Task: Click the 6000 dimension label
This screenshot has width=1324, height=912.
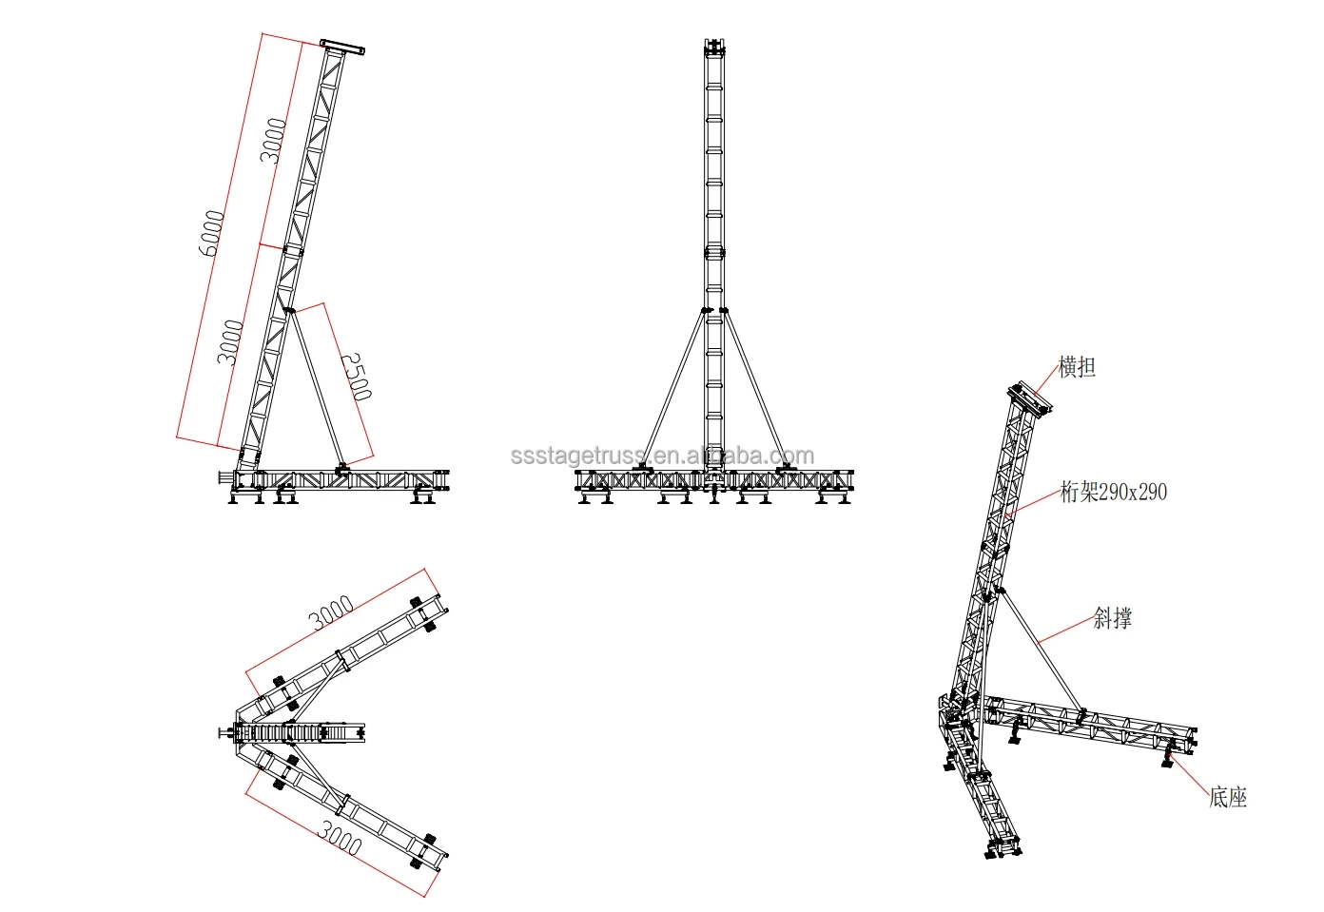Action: pyautogui.click(x=213, y=233)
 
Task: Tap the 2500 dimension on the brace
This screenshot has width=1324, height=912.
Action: pyautogui.click(x=356, y=377)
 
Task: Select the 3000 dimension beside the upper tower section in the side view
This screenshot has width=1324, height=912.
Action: pyautogui.click(x=275, y=141)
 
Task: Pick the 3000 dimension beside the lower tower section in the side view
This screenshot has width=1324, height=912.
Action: pyautogui.click(x=231, y=342)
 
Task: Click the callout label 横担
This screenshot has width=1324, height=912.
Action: pyautogui.click(x=1077, y=367)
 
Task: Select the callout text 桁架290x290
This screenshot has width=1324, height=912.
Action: pyautogui.click(x=1113, y=492)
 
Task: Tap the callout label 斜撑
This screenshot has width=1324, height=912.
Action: pyautogui.click(x=1112, y=618)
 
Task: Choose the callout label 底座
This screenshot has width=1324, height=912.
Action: pyautogui.click(x=1227, y=797)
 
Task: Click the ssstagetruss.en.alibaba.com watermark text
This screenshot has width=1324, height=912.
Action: pyautogui.click(x=662, y=456)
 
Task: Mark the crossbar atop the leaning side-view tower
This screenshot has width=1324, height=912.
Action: pyautogui.click(x=342, y=46)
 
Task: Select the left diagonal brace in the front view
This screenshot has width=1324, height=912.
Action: pyautogui.click(x=672, y=390)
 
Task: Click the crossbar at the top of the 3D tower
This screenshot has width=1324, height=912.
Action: pyautogui.click(x=1029, y=398)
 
